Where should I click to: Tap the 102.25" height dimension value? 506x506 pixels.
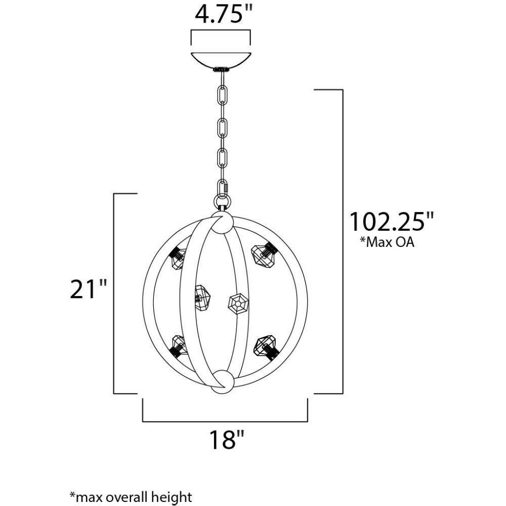(x=392, y=222)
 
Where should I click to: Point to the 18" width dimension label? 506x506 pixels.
(x=227, y=439)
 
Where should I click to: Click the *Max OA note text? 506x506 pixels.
(x=387, y=242)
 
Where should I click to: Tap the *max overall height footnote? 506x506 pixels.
(x=131, y=496)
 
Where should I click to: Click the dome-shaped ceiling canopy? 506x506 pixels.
(x=221, y=60)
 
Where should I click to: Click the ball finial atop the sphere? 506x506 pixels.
(x=222, y=222)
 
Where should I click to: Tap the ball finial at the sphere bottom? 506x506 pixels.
(x=222, y=382)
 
